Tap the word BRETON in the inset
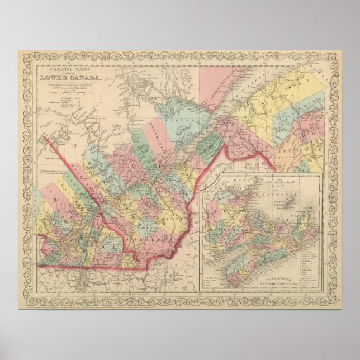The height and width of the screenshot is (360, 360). coord(305,221)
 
